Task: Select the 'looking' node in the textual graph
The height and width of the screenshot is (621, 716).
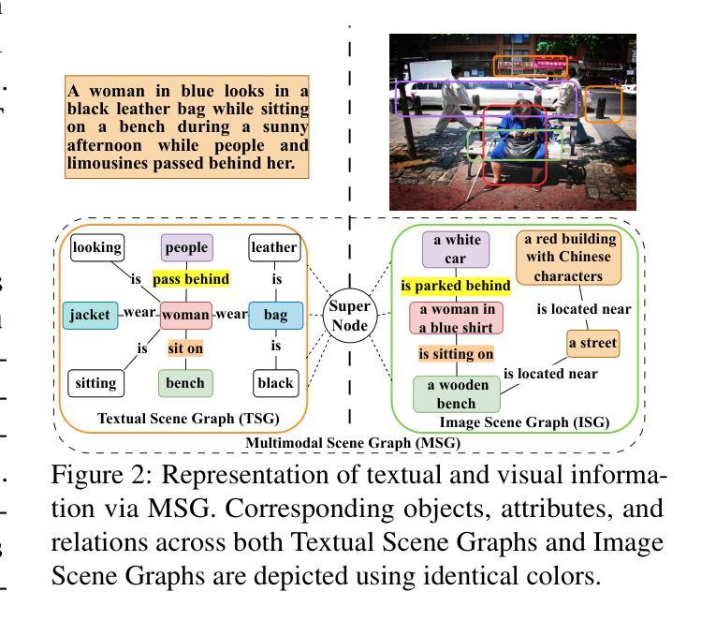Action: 97,248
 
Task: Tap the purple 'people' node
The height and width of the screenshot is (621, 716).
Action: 187,248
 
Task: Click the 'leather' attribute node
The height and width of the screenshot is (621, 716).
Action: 275,248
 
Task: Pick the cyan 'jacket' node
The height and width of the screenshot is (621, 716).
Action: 89,315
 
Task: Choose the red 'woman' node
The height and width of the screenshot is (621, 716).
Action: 185,316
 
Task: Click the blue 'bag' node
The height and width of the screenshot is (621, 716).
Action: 275,316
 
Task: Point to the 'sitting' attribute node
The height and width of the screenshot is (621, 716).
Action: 96,382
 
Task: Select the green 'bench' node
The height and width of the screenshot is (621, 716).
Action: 185,382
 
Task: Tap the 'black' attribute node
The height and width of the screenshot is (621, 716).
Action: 275,382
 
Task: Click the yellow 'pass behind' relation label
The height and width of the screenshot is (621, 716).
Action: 190,279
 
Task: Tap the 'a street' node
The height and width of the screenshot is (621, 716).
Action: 593,344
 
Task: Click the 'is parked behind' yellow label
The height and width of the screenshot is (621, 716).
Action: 456,285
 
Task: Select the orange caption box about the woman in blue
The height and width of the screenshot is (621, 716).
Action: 188,127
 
